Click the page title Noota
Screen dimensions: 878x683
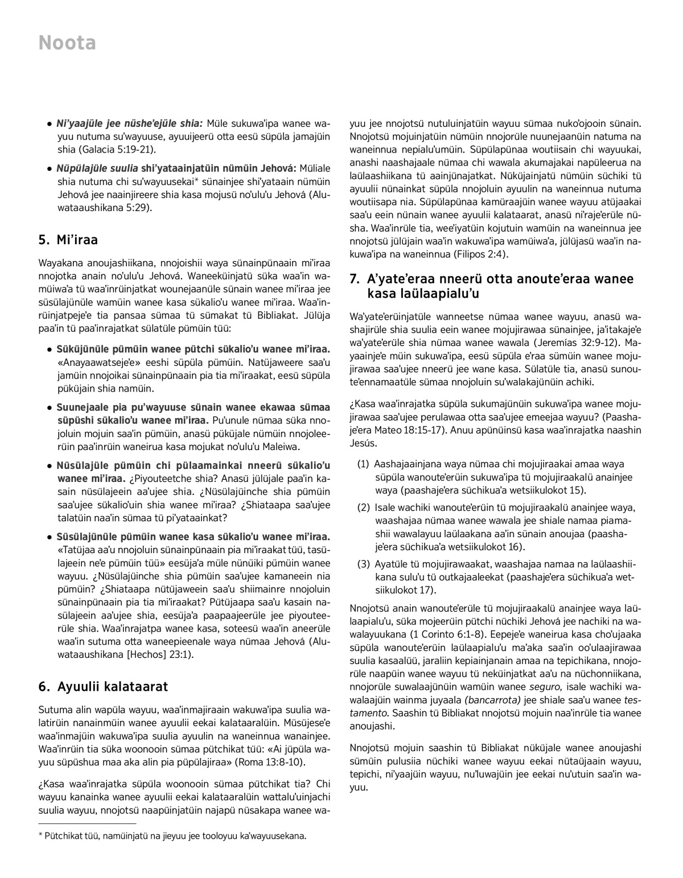coord(67,43)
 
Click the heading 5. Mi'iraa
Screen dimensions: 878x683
coord(68,240)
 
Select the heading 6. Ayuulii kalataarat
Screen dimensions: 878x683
coord(103,687)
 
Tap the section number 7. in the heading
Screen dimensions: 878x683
coord(355,279)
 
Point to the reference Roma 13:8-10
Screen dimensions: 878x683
coord(271,762)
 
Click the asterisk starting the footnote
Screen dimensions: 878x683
coord(40,836)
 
